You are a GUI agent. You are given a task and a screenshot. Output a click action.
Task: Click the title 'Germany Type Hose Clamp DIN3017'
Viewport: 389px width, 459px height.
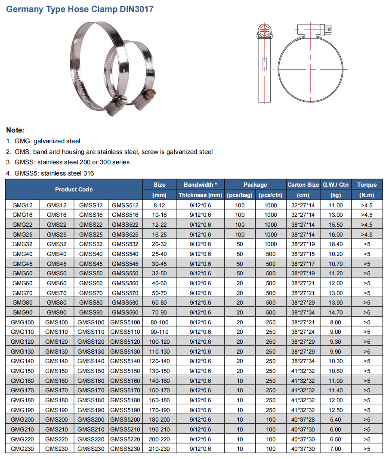(80, 9)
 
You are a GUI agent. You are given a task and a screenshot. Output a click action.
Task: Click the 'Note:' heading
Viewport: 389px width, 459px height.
(15, 130)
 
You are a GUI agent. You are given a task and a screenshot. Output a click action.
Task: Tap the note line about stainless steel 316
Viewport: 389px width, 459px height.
(50, 173)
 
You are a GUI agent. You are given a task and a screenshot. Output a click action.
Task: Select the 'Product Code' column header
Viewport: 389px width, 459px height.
(74, 189)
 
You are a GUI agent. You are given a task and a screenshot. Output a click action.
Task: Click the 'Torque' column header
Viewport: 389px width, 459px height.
(367, 185)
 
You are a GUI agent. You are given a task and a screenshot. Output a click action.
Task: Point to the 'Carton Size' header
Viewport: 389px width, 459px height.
(303, 185)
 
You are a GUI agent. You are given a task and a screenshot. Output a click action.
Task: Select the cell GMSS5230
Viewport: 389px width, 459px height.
(125, 449)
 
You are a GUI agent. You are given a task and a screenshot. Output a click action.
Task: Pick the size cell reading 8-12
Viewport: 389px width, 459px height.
(159, 205)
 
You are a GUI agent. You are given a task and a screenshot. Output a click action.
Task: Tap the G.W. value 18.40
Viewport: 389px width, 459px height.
(335, 244)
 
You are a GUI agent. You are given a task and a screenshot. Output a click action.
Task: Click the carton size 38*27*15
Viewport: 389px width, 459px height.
(303, 254)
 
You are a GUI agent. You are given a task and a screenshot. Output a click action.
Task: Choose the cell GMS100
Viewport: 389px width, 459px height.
(56, 322)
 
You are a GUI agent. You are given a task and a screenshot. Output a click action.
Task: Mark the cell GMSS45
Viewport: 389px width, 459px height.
(91, 264)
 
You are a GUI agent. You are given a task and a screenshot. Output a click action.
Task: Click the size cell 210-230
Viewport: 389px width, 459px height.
(159, 449)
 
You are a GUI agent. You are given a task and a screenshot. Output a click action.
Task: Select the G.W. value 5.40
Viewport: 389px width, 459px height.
(335, 419)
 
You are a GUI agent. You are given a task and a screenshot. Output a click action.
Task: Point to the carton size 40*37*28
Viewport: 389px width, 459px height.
(303, 419)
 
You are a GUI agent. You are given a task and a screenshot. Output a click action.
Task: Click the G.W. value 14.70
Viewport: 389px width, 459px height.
(335, 312)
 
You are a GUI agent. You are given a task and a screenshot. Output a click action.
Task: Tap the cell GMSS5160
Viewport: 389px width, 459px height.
(125, 381)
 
